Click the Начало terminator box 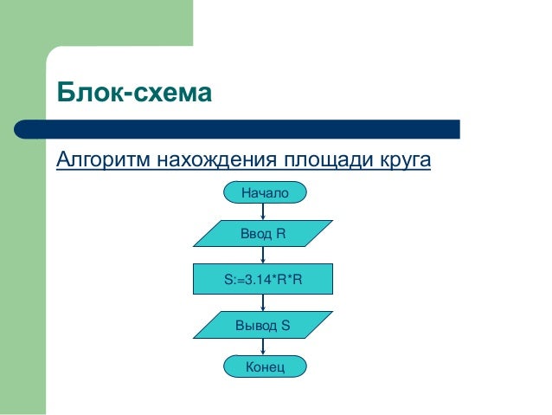pyautogui.click(x=264, y=191)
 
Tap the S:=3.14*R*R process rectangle pyautogui.click(x=263, y=279)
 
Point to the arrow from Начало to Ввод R pyautogui.click(x=263, y=211)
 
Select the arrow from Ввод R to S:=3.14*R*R pyautogui.click(x=263, y=256)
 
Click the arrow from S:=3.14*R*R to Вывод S pyautogui.click(x=263, y=302)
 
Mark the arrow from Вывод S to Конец pyautogui.click(x=263, y=347)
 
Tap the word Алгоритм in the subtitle pyautogui.click(x=102, y=161)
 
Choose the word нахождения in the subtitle pyautogui.click(x=214, y=161)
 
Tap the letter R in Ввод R pyautogui.click(x=280, y=234)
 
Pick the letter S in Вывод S pyautogui.click(x=285, y=325)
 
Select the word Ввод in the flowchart pyautogui.click(x=256, y=234)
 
